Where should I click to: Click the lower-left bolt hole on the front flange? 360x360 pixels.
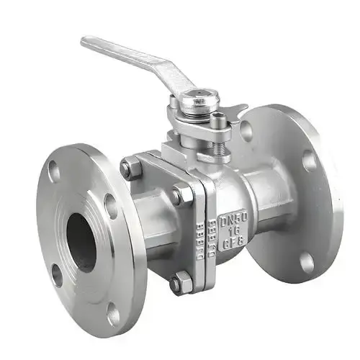point(57,274)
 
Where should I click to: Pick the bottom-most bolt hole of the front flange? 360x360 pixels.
point(112,312)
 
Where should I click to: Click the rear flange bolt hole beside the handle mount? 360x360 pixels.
point(246,130)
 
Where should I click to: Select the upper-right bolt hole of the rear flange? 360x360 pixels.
point(310,161)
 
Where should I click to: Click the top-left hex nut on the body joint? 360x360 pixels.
point(129,168)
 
